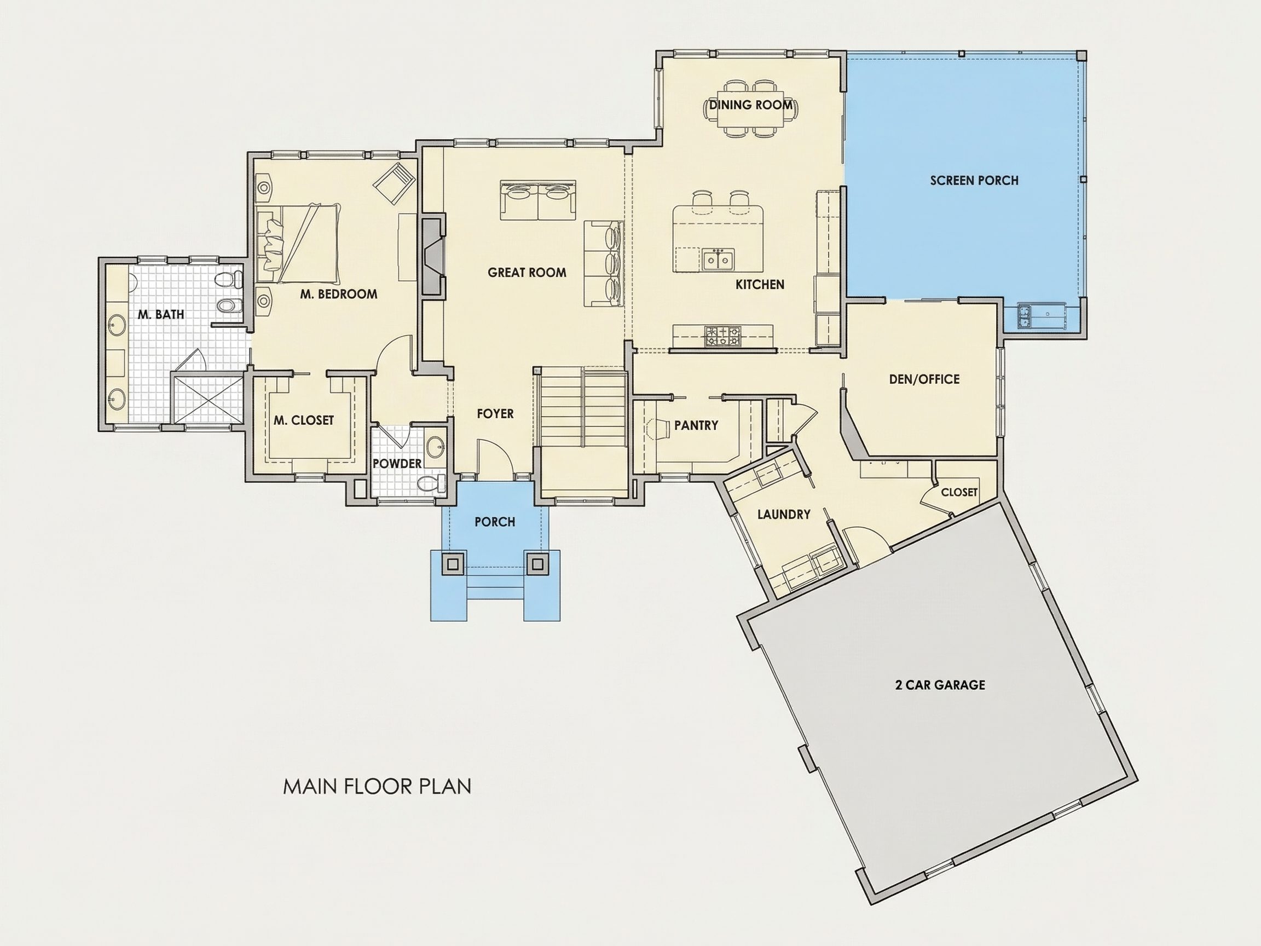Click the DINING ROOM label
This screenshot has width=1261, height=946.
(x=750, y=105)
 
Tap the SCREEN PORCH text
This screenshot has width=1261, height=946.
(x=974, y=181)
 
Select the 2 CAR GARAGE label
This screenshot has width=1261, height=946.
(x=940, y=685)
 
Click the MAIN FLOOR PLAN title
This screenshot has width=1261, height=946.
(x=378, y=786)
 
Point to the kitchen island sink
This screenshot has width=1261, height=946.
(x=718, y=260)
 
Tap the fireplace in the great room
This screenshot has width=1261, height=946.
(x=433, y=256)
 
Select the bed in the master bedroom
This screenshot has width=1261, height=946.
(x=297, y=243)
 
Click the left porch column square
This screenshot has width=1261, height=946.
(x=453, y=564)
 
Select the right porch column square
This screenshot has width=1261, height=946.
(x=536, y=564)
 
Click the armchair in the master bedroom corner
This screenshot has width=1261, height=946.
(x=394, y=183)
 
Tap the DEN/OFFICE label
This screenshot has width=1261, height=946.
(x=924, y=379)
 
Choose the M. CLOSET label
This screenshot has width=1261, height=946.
(x=303, y=420)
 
